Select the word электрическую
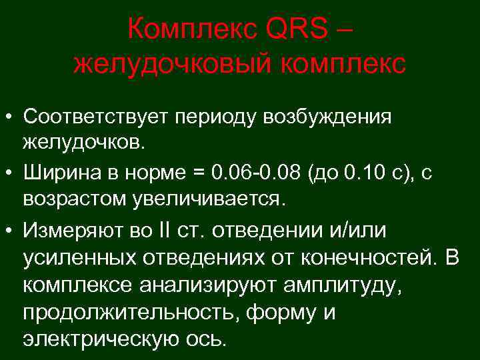click(97, 339)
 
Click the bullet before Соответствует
click(10, 117)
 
